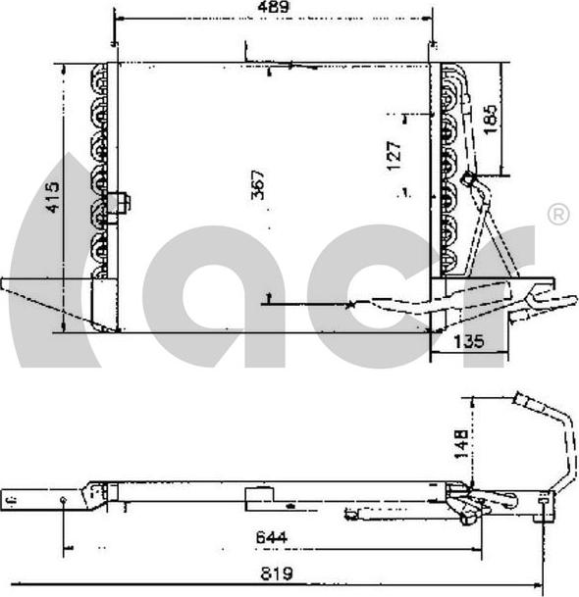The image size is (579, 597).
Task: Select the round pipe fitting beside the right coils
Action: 469,180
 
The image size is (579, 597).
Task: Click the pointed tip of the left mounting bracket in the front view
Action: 6,284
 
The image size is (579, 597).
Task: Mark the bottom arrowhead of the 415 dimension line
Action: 64,328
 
